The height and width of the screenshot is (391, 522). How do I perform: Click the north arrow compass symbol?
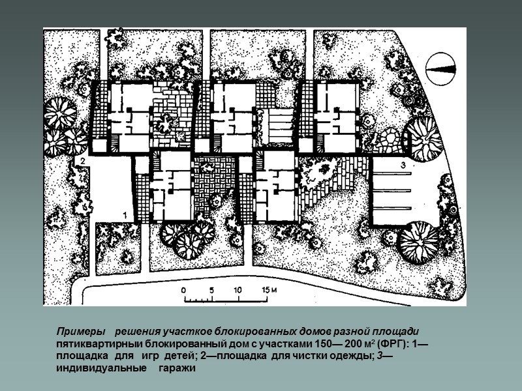[441, 69]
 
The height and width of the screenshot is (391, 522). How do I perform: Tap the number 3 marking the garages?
[403, 165]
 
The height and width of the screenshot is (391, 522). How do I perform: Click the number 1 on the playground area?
[125, 215]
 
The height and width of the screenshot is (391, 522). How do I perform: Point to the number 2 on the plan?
[82, 161]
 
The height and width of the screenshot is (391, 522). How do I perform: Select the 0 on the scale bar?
[183, 290]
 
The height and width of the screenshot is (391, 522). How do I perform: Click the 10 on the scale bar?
[238, 290]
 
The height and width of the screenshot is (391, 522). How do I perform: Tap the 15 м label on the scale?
[269, 290]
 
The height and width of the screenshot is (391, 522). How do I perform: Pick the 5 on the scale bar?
[211, 290]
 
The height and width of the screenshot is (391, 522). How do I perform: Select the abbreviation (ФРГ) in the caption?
[393, 344]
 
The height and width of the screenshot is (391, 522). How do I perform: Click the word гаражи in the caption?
[177, 368]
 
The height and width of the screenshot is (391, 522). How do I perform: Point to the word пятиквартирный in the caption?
[99, 344]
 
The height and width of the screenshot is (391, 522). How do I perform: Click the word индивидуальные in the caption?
[101, 368]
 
